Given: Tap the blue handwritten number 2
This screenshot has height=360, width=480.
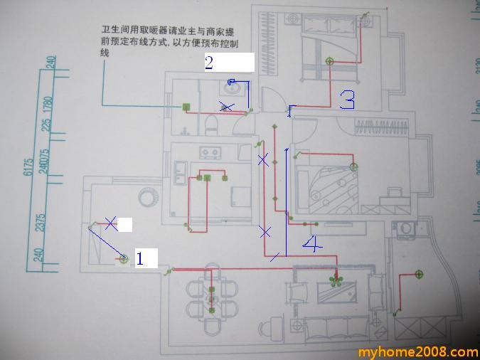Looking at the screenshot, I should (x=209, y=63).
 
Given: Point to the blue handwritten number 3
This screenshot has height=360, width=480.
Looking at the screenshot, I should (x=347, y=100).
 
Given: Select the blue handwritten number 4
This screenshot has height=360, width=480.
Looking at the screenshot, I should (x=311, y=245).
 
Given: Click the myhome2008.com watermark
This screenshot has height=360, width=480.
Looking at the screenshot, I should (x=417, y=352).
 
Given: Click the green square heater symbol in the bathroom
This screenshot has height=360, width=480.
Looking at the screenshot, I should (x=187, y=107).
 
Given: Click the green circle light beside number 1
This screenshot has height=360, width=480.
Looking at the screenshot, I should (x=124, y=259).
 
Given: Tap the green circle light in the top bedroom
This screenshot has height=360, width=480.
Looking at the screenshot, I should (x=329, y=61).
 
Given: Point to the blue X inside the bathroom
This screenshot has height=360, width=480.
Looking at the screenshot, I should (x=227, y=107).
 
